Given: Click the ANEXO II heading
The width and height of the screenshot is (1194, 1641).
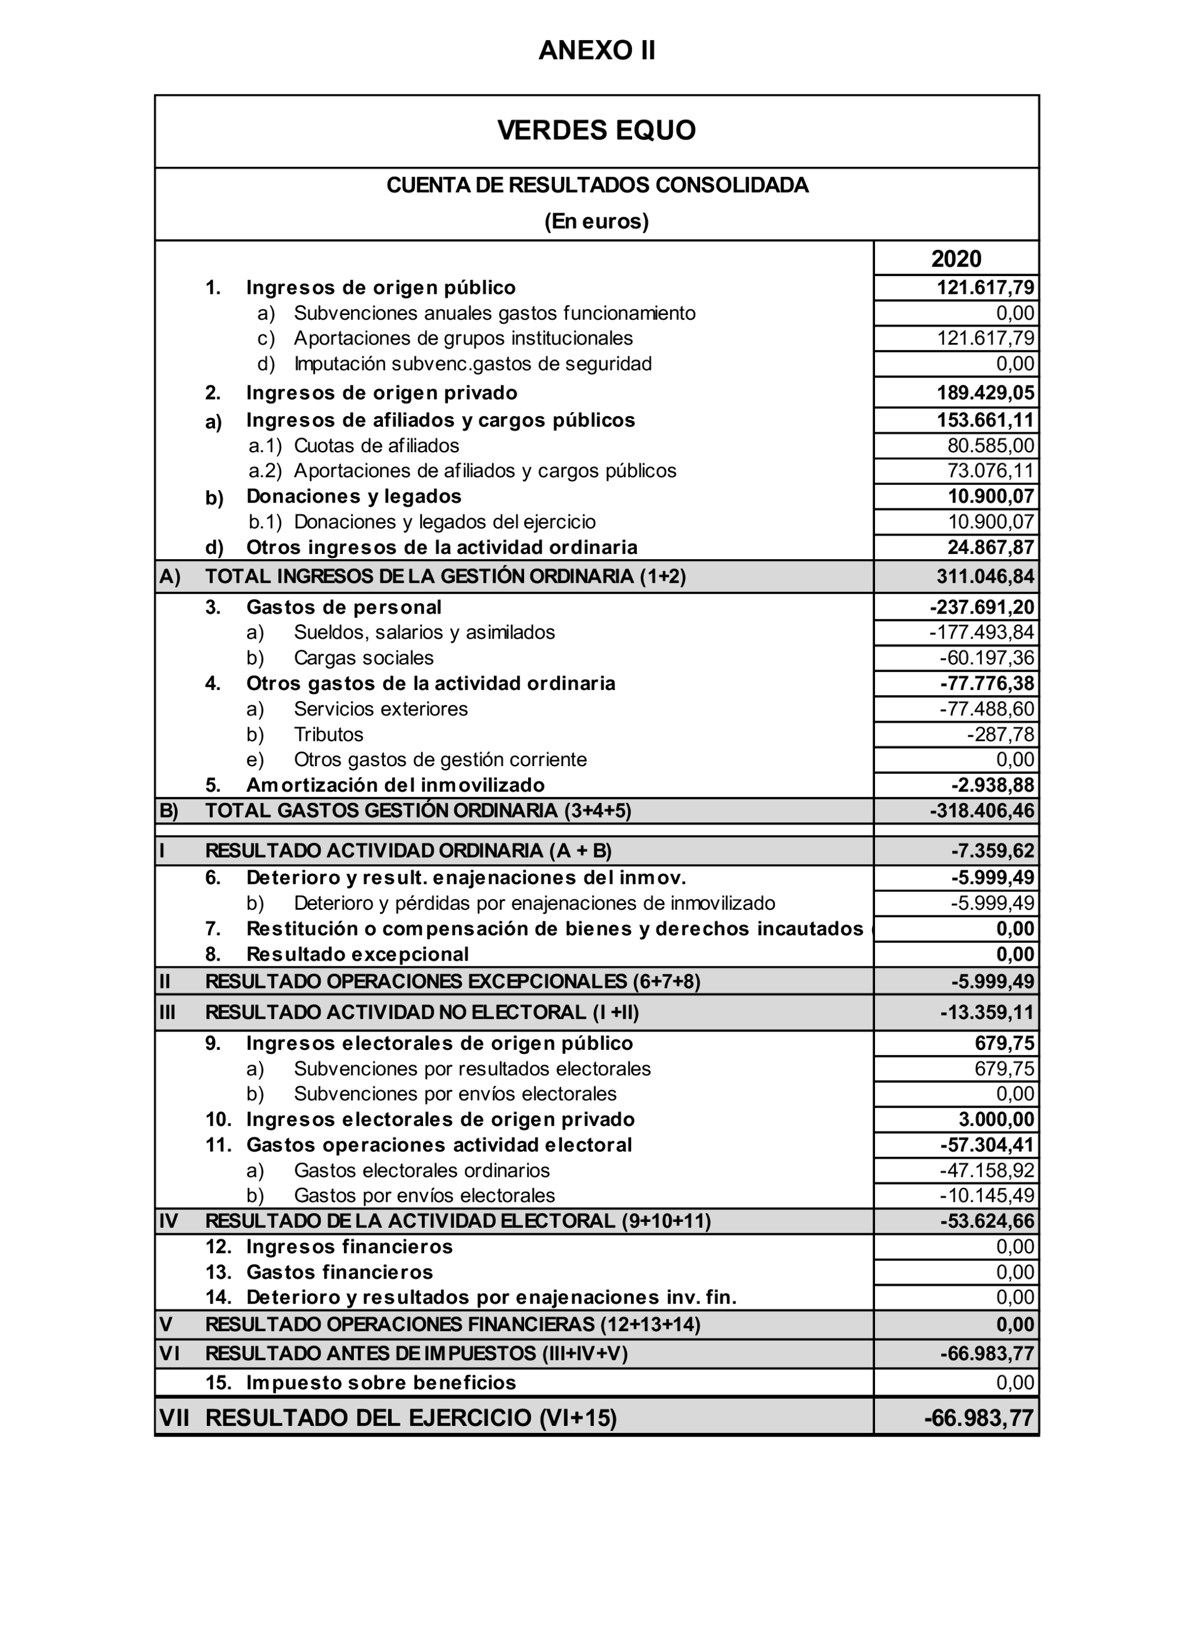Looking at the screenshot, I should pos(597,51).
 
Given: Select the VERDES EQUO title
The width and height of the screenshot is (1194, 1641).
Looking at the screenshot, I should pos(597,130).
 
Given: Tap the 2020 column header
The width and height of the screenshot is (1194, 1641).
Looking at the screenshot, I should pos(956,258).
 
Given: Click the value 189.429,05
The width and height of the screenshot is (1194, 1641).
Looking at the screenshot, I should pos(985,393).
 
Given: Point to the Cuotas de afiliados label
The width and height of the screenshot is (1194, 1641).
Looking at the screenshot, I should pos(376,446).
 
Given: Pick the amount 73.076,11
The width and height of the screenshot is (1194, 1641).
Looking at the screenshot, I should pos(991,471).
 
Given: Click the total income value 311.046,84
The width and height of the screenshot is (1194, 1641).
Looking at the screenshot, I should pos(985,577).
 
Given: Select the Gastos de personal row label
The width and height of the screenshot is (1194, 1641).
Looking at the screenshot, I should pos(343,607).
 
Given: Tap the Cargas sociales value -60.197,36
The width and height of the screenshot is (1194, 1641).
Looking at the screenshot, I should pos(987,658).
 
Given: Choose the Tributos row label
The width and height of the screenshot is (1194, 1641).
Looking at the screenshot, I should pos(328,734).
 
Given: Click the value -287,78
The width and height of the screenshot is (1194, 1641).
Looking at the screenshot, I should pos(1001,734).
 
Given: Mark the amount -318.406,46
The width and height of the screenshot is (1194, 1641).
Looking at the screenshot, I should pos(982,810).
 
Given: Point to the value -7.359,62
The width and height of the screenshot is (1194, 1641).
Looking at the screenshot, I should pos(992,851).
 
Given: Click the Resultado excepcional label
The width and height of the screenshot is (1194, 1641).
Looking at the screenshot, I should pos(357,954).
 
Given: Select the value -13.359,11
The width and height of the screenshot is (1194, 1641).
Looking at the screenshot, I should pos(987,1012).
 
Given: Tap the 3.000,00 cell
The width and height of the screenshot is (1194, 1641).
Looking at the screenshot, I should pos(997,1120).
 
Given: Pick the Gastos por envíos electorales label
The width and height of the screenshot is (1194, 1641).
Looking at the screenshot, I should pos(425,1195).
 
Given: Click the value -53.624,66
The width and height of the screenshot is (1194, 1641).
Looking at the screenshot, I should pos(987,1221).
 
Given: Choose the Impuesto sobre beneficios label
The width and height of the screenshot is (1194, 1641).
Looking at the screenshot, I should pos(381,1383).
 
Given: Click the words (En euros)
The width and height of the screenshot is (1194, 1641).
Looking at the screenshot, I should pos(597,222).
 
